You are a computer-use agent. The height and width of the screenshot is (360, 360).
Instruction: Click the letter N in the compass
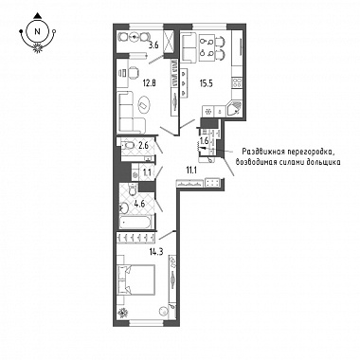pos(38,31)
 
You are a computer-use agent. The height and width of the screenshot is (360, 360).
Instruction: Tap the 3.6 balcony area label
pos(153,45)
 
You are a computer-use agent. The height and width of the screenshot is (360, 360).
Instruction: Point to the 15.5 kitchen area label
pos(206,83)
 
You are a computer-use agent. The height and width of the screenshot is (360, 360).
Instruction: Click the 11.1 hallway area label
pos(190,171)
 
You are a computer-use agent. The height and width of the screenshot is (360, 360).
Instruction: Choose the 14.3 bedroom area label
pos(156,252)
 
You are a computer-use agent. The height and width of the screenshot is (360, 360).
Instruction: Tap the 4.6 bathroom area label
pos(138,204)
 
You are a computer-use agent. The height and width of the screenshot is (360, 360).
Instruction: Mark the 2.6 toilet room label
pos(144,145)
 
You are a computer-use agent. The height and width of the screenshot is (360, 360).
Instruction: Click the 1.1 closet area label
pos(146,172)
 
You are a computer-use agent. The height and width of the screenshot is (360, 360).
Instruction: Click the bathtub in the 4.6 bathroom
pos(137,222)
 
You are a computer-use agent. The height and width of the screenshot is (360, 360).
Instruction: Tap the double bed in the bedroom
pos(136,280)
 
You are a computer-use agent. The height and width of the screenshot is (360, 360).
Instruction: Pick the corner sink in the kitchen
pos(234,110)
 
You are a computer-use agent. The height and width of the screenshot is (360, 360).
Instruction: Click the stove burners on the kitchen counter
pos(237,82)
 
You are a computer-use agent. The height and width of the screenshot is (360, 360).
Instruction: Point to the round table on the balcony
pos(135,37)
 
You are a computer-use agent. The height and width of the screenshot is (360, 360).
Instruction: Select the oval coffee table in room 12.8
pos(145,104)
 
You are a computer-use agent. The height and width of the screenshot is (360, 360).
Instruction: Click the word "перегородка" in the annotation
pos(308,153)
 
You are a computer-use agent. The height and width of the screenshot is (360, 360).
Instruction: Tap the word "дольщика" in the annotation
pos(326,162)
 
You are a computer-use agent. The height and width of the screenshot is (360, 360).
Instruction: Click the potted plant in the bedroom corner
pos(123,313)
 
